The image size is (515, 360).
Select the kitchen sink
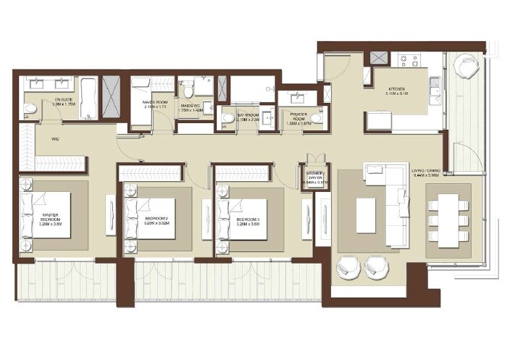pyautogui.click(x=434, y=90)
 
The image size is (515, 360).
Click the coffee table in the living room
pyautogui.click(x=365, y=215)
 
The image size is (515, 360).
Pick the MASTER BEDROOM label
pyautogui.click(x=45, y=216)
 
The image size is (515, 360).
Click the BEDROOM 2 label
pyautogui.click(x=156, y=218)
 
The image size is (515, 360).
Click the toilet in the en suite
pyautogui.click(x=30, y=110)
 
